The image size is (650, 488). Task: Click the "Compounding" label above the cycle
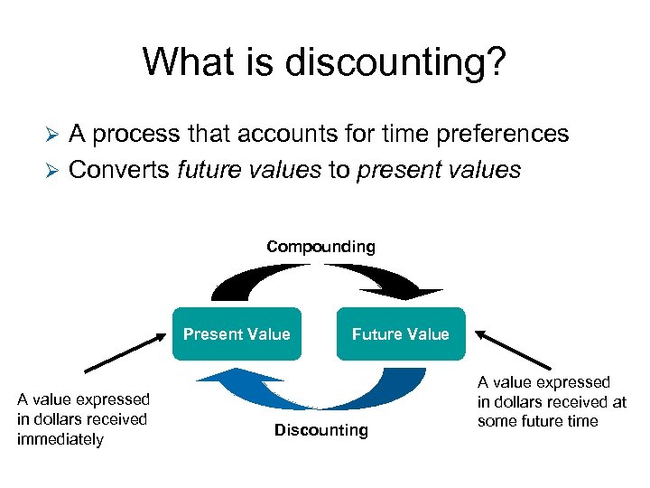(320, 247)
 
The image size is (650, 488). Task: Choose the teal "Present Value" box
(237, 334)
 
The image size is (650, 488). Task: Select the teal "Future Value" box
(400, 334)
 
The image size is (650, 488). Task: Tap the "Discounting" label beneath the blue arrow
(321, 430)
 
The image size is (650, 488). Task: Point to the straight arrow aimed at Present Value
(126, 352)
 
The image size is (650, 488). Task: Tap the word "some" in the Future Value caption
(497, 421)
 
